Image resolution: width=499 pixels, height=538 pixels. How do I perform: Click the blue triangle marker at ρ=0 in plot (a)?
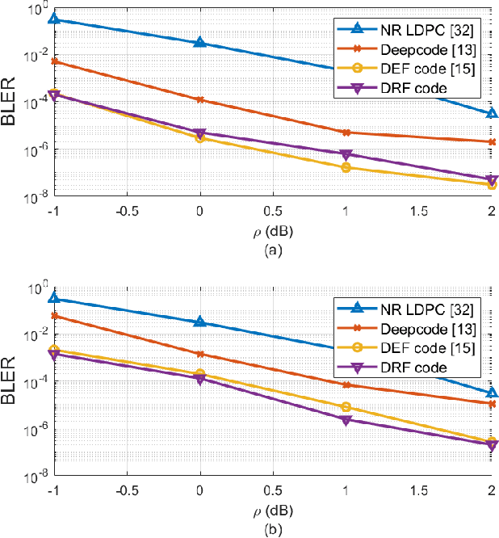coord(200,42)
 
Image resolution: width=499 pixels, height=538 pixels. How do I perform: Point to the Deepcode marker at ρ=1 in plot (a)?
coord(346,132)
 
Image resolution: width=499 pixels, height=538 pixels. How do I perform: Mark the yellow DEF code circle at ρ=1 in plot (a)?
coord(346,167)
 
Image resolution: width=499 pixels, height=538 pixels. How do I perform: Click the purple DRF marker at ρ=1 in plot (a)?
coord(346,154)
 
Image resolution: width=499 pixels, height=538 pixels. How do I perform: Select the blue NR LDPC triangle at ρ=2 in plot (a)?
coord(492,113)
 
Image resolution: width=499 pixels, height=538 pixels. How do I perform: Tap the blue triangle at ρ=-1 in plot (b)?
coord(54,298)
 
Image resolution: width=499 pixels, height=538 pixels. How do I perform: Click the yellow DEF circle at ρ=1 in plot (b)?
coord(346,407)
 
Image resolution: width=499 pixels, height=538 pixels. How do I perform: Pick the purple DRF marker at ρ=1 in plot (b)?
coord(346,421)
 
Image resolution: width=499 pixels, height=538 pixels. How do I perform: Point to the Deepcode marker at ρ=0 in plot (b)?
coord(200,354)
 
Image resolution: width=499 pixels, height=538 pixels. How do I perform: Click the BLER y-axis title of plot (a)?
coord(16,101)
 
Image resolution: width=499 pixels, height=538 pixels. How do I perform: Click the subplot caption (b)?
coord(273,528)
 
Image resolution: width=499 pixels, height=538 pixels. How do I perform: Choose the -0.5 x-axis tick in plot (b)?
coord(127,490)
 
